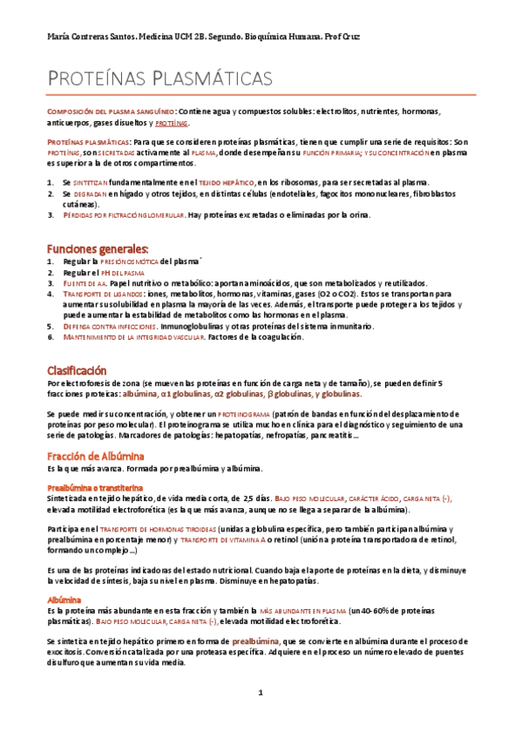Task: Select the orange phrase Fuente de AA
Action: [84, 283]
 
